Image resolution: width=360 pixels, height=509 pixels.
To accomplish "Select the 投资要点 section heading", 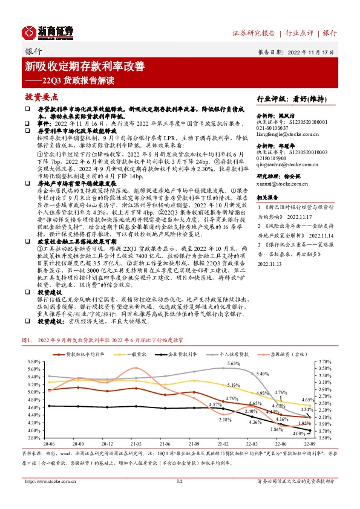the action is pos(41,97).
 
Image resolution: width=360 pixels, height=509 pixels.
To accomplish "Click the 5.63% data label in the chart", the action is pos(234,363).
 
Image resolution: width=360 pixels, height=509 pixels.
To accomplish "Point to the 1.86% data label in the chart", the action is pos(276,429).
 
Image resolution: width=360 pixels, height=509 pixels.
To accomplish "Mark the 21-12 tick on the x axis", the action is pos(223,443).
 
